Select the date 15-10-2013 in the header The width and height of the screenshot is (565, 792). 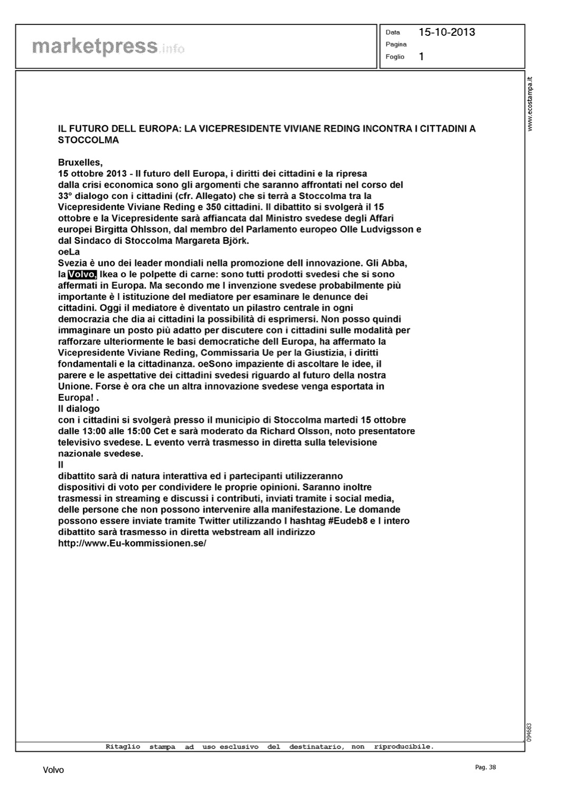click(447, 32)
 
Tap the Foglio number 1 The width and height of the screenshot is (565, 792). click(421, 56)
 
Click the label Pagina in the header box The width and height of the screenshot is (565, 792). click(396, 44)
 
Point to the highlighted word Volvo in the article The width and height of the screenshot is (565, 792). click(82, 275)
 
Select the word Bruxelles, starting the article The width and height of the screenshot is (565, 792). click(80, 163)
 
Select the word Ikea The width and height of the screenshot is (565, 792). click(109, 275)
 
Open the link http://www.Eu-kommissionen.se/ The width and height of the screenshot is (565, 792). click(132, 543)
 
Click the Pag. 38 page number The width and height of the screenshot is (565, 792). click(485, 767)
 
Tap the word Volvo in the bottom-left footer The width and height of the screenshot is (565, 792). click(53, 770)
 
